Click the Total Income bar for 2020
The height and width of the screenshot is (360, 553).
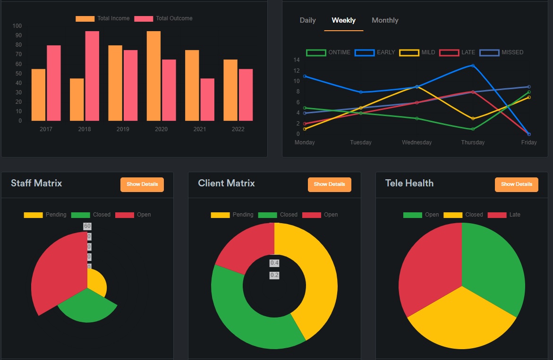click(x=153, y=75)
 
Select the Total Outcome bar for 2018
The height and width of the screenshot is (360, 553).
click(x=92, y=75)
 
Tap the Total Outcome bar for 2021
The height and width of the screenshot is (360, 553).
click(x=207, y=100)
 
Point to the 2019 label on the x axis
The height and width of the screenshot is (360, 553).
click(x=123, y=129)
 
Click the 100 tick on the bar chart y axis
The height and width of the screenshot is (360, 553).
click(x=17, y=26)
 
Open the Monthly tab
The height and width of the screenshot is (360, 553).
click(x=385, y=20)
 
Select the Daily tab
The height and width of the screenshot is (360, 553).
click(x=307, y=20)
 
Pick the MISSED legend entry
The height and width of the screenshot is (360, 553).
click(x=502, y=52)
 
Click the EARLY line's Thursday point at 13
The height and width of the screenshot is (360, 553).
click(x=473, y=66)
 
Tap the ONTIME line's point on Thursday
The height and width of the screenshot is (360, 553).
click(x=473, y=129)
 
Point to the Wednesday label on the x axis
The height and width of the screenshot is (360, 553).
click(x=417, y=142)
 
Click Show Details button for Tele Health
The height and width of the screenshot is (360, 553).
click(x=516, y=184)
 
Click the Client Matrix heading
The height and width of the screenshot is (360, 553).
click(x=226, y=183)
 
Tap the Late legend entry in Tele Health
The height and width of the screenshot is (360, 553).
click(x=509, y=215)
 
